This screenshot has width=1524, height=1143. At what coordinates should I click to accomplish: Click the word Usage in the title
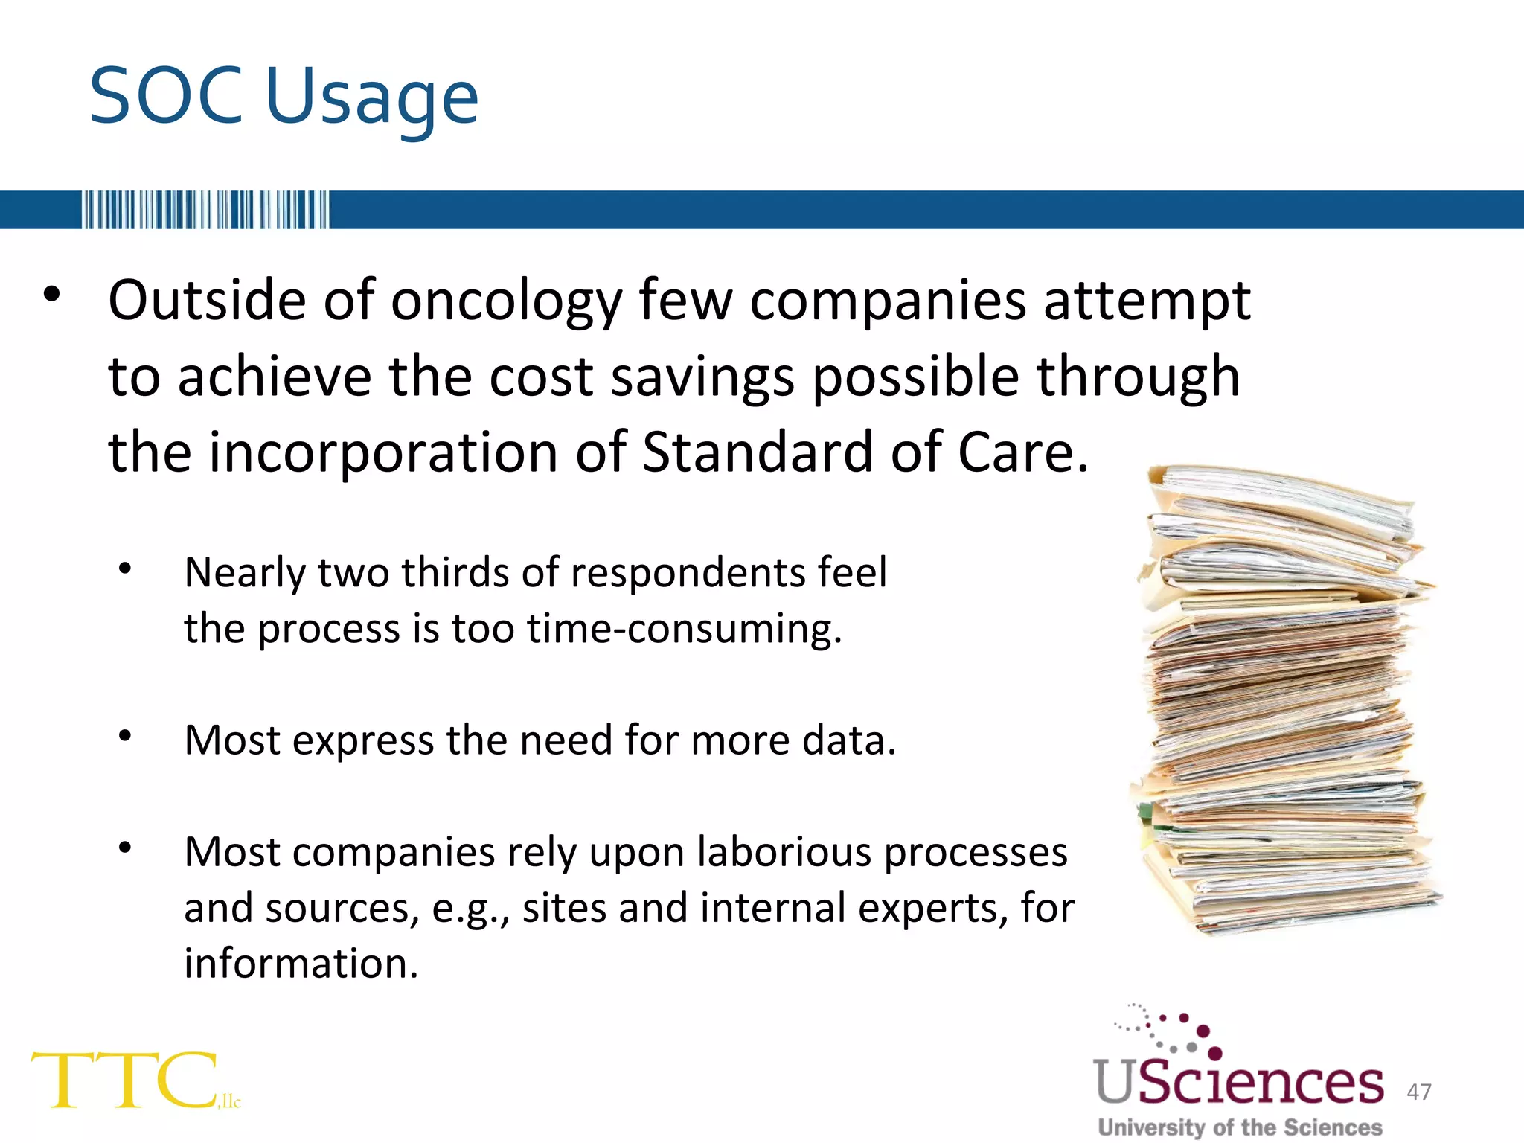pyautogui.click(x=371, y=100)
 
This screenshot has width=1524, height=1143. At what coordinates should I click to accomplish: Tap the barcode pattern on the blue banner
pyautogui.click(x=205, y=210)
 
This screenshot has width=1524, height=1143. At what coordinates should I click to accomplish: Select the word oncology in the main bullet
pyautogui.click(x=506, y=301)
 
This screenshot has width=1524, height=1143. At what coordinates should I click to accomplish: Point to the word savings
pyautogui.click(x=702, y=377)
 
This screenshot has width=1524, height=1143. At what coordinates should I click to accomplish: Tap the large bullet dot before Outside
pyautogui.click(x=51, y=295)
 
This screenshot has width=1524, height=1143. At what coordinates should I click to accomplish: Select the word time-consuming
pyautogui.click(x=684, y=629)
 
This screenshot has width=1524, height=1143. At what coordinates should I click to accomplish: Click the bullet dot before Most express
pyautogui.click(x=125, y=736)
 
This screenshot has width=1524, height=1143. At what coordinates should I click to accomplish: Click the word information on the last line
pyautogui.click(x=301, y=964)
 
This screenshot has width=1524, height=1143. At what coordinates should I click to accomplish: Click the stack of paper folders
pyautogui.click(x=1283, y=699)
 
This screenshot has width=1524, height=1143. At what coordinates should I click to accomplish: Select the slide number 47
pyautogui.click(x=1418, y=1092)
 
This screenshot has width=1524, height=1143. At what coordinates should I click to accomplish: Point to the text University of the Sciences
pyautogui.click(x=1240, y=1127)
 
